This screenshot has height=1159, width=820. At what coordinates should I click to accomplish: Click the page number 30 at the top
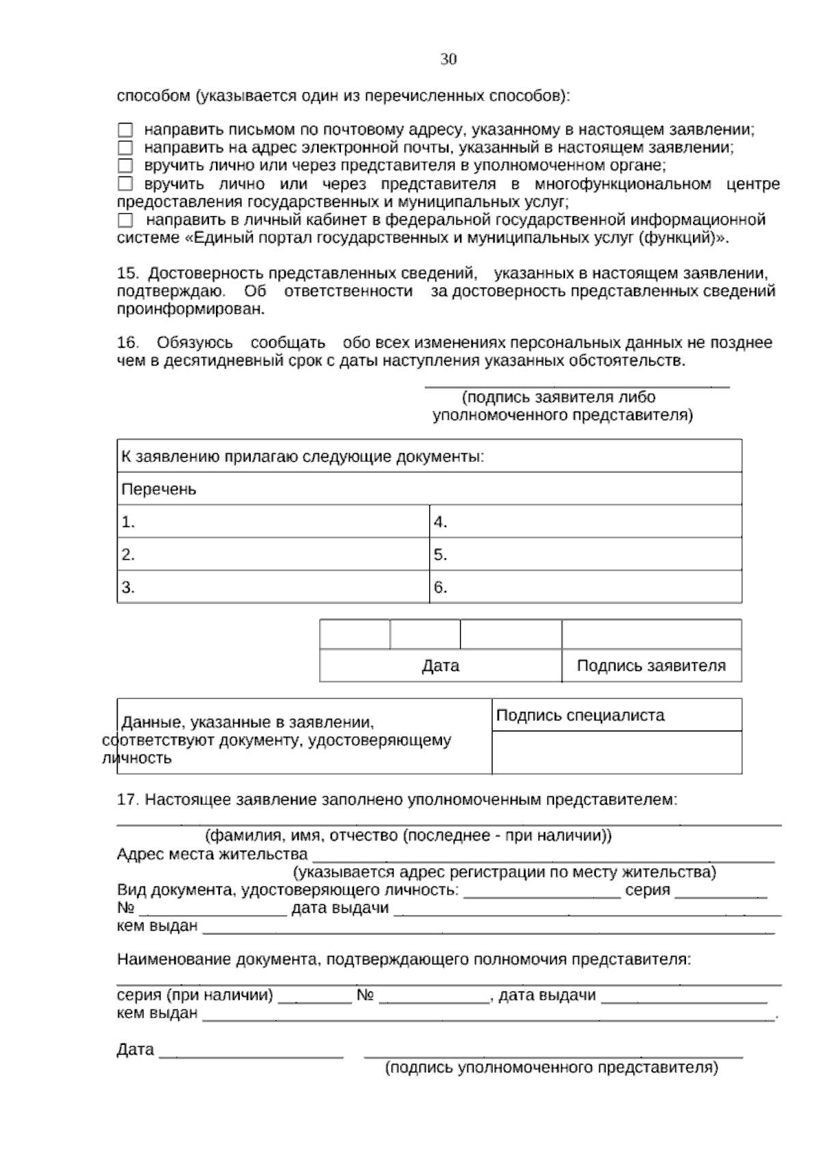(x=448, y=59)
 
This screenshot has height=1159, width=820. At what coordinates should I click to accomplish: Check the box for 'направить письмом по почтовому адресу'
(x=125, y=130)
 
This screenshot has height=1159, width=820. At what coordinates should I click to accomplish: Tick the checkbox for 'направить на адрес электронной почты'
(x=125, y=148)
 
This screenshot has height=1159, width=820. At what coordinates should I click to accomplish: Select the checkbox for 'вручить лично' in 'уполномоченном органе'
(x=125, y=165)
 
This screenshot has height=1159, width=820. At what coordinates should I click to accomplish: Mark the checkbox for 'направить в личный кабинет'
(x=125, y=220)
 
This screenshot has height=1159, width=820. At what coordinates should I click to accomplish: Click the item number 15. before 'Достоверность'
(x=128, y=273)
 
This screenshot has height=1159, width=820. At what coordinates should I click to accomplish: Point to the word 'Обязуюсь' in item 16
(x=194, y=342)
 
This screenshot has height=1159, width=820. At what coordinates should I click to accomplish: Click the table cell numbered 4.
(x=585, y=522)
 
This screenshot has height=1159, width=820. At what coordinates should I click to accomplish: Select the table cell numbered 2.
(x=273, y=554)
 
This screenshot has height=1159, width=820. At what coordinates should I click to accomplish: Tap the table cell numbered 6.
(x=585, y=587)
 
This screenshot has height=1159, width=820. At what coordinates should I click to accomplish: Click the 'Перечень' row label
(x=159, y=489)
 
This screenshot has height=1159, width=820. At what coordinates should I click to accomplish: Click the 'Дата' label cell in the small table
(x=440, y=666)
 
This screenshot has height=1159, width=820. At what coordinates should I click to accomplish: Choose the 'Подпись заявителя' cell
(x=651, y=666)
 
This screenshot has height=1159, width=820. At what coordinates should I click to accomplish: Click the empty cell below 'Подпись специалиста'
(x=616, y=752)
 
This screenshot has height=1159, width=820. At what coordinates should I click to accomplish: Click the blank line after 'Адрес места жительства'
(x=543, y=856)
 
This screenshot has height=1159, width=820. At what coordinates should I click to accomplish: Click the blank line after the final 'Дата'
(x=251, y=1051)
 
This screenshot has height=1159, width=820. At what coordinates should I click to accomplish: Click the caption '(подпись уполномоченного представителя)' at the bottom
(x=551, y=1067)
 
